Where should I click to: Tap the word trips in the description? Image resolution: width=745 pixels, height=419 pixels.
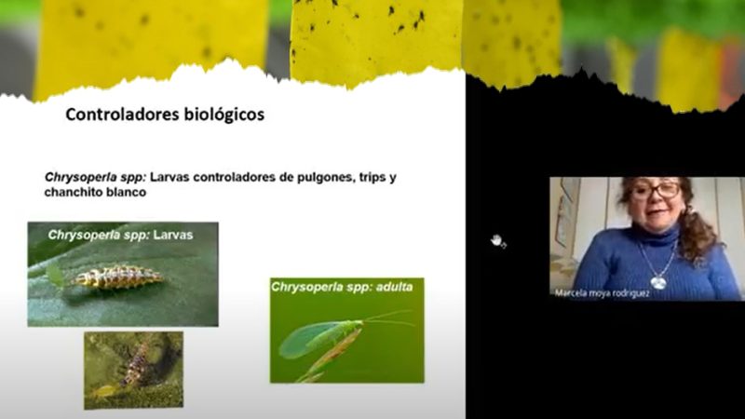click(x=372, y=178)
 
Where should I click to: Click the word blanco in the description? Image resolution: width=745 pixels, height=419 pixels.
click(x=127, y=193)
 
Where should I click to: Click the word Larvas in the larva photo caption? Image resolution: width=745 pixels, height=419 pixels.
click(x=173, y=235)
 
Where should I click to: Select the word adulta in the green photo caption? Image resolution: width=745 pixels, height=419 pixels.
click(x=394, y=287)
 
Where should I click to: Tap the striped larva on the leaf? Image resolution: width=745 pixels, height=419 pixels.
click(x=117, y=277)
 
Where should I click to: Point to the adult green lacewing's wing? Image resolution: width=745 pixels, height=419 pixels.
click(x=309, y=339)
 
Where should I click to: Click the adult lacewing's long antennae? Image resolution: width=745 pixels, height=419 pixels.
click(x=387, y=318)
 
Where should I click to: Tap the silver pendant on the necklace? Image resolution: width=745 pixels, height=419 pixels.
click(x=658, y=284)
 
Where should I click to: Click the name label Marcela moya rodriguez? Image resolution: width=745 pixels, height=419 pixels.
click(x=602, y=293)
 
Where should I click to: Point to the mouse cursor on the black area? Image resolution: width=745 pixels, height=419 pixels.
click(x=497, y=241)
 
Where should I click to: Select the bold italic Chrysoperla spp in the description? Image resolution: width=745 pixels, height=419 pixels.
click(x=95, y=178)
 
